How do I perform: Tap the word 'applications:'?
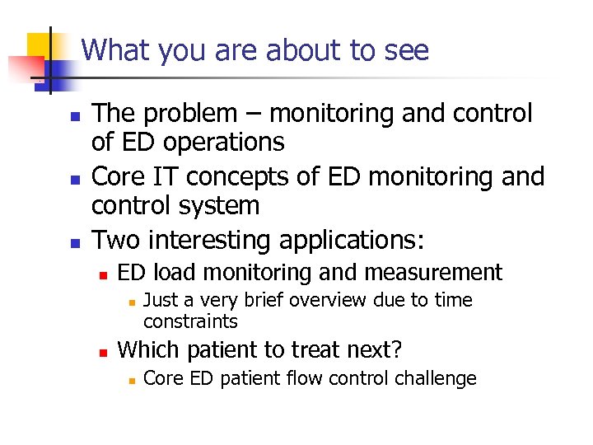coord(353,241)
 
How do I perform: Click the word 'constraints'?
coord(190,321)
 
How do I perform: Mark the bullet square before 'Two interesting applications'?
coord(73,243)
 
